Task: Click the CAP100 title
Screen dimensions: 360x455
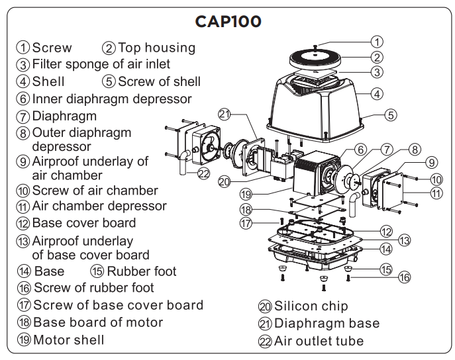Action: (228, 21)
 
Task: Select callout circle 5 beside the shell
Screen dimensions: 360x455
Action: (391, 115)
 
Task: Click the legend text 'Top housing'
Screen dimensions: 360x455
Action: (156, 48)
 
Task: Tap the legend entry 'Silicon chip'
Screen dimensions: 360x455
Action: (311, 306)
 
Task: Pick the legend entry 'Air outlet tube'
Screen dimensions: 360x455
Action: (319, 341)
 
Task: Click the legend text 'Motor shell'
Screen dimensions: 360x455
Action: (68, 340)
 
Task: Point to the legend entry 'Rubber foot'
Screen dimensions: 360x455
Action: (142, 271)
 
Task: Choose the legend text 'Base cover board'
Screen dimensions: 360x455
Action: (83, 223)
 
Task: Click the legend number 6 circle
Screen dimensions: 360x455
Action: (23, 99)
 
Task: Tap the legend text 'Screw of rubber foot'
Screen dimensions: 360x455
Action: (93, 288)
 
